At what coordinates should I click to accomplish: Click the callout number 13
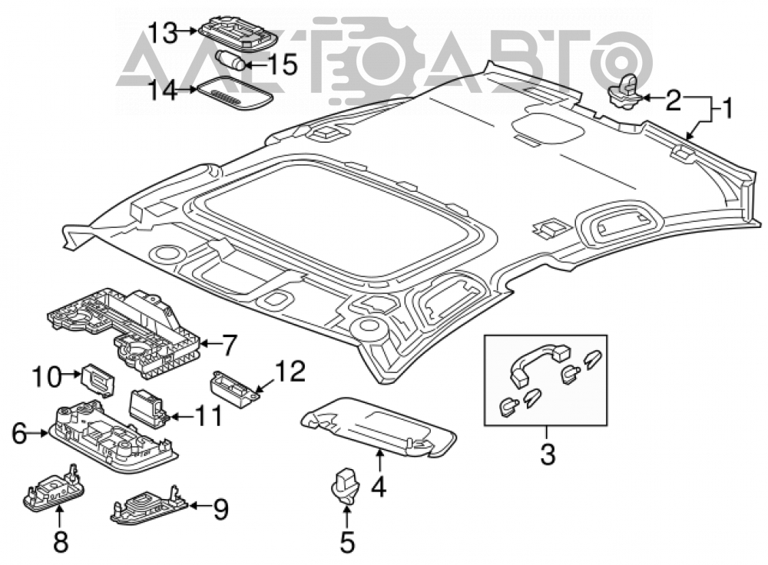162,33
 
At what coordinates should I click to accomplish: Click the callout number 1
727,107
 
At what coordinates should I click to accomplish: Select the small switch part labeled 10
99,379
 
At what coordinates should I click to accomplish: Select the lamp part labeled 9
149,505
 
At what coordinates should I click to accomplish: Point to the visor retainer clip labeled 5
346,486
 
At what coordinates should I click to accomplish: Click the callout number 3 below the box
547,454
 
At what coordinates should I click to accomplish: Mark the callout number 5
347,543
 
